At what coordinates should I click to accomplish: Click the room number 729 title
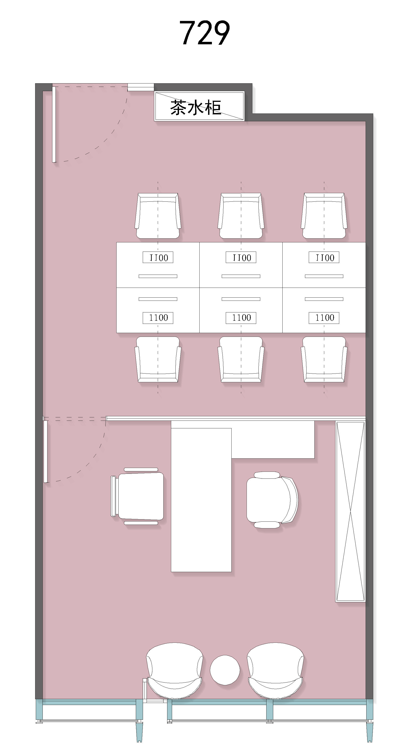tap(204, 33)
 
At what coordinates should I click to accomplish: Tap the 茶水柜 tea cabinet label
tap(196, 107)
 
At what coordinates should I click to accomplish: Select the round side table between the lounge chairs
tap(225, 670)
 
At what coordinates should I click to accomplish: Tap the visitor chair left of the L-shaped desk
tap(137, 496)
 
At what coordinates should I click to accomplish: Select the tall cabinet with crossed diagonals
tap(350, 511)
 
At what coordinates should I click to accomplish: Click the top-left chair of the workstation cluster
tap(158, 216)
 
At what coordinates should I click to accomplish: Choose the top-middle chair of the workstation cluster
tap(241, 216)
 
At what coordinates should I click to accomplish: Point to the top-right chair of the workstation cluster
tap(324, 216)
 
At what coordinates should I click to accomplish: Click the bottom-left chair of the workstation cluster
tap(158, 359)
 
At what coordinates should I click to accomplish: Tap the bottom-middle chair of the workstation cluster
tap(241, 359)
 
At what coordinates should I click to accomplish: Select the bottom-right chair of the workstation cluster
tap(324, 359)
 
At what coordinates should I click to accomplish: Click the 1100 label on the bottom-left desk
tap(158, 318)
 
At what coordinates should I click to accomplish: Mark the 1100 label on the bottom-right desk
tap(324, 318)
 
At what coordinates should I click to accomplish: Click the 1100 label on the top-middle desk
tap(241, 257)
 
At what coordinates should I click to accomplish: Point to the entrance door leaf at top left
tap(54, 124)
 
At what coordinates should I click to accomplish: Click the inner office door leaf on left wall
tap(45, 451)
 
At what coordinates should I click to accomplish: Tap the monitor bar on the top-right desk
tap(324, 276)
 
